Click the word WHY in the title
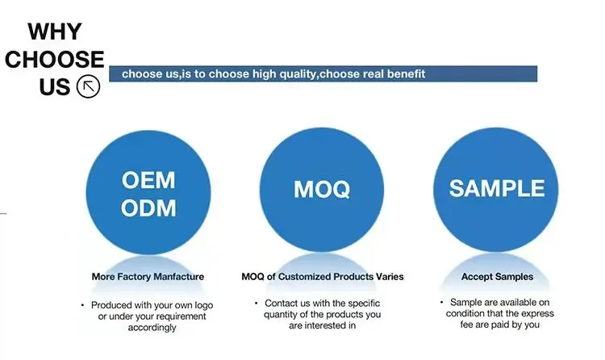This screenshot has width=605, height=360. point(55,31)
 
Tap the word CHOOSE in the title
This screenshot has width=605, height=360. point(54,60)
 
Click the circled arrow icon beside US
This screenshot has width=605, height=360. point(88,86)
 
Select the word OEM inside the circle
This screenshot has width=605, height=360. point(148,180)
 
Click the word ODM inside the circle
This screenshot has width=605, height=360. point(148,207)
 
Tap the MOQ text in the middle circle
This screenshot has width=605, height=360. point(322,189)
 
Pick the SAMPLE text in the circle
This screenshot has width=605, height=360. point(497,188)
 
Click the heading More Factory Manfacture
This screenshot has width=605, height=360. point(148,277)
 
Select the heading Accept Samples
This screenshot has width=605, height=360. point(498,277)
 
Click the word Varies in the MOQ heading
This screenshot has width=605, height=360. point(390,277)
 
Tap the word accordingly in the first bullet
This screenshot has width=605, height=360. point(152,328)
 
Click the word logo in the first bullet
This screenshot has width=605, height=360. point(204,305)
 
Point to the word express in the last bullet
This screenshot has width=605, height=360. point(538,313)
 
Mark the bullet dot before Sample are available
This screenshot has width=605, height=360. point(441,302)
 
